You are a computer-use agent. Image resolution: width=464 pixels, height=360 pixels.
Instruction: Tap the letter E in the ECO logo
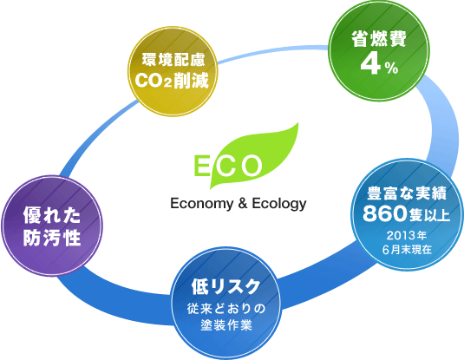tap(202, 166)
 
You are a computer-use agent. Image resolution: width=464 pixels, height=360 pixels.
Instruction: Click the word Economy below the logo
tap(201, 204)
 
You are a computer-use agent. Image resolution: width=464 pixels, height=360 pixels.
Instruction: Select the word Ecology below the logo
tap(279, 204)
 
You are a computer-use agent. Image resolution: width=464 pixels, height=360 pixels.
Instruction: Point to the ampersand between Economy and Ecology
tap(242, 203)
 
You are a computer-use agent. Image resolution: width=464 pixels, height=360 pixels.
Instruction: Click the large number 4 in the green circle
tap(370, 64)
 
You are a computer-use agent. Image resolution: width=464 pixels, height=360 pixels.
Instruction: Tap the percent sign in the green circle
tap(391, 69)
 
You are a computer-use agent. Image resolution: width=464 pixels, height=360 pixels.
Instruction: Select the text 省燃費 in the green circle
tap(379, 39)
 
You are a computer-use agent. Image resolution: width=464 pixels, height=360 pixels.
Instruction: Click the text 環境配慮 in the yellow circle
tap(173, 60)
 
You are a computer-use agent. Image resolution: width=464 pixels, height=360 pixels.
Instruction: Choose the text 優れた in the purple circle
tap(52, 215)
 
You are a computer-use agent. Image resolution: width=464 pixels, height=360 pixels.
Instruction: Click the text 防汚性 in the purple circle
tap(52, 238)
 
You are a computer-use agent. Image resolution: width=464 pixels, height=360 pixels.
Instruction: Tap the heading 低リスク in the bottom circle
tap(225, 286)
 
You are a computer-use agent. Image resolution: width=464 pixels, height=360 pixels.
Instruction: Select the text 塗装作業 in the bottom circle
tap(226, 325)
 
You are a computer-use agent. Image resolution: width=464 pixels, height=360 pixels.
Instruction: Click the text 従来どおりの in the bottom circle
tap(226, 309)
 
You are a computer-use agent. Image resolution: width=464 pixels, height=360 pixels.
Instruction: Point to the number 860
tap(384, 213)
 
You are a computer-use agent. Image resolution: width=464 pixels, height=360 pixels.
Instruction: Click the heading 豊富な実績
tap(407, 193)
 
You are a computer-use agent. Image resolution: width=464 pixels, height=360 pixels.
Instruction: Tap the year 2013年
tap(407, 236)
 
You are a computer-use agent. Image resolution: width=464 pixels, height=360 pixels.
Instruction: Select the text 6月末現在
tap(407, 250)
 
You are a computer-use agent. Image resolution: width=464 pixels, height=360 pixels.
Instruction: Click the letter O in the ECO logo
tap(252, 166)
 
